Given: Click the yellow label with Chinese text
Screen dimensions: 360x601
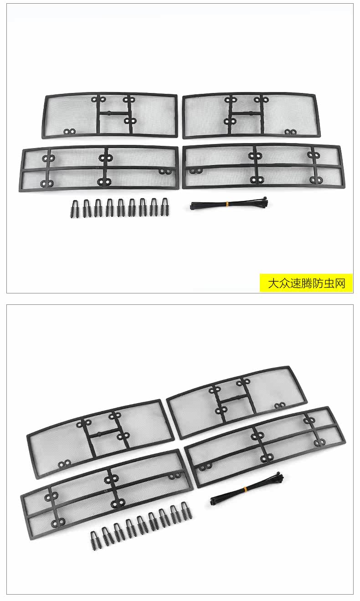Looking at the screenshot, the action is [306, 283].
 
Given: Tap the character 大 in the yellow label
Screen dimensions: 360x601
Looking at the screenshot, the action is [273, 283].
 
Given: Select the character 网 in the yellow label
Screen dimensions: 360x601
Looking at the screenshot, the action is [340, 283].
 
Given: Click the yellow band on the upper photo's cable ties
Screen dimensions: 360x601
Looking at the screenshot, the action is [227, 205].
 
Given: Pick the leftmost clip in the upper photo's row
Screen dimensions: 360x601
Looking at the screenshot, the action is [74, 208].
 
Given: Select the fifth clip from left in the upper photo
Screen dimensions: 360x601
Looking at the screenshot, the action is [120, 208].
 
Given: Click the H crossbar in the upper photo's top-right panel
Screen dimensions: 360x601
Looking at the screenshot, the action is [245, 113].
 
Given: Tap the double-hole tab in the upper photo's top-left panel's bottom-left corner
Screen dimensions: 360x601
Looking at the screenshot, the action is [69, 132].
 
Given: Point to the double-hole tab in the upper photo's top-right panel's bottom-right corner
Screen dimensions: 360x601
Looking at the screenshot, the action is [290, 132].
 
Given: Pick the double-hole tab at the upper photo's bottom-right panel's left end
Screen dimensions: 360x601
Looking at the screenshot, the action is [196, 171].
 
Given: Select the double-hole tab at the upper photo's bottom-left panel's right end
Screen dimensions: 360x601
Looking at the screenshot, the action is [165, 171].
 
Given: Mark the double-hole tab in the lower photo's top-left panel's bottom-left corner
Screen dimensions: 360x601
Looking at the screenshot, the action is [64, 464].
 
